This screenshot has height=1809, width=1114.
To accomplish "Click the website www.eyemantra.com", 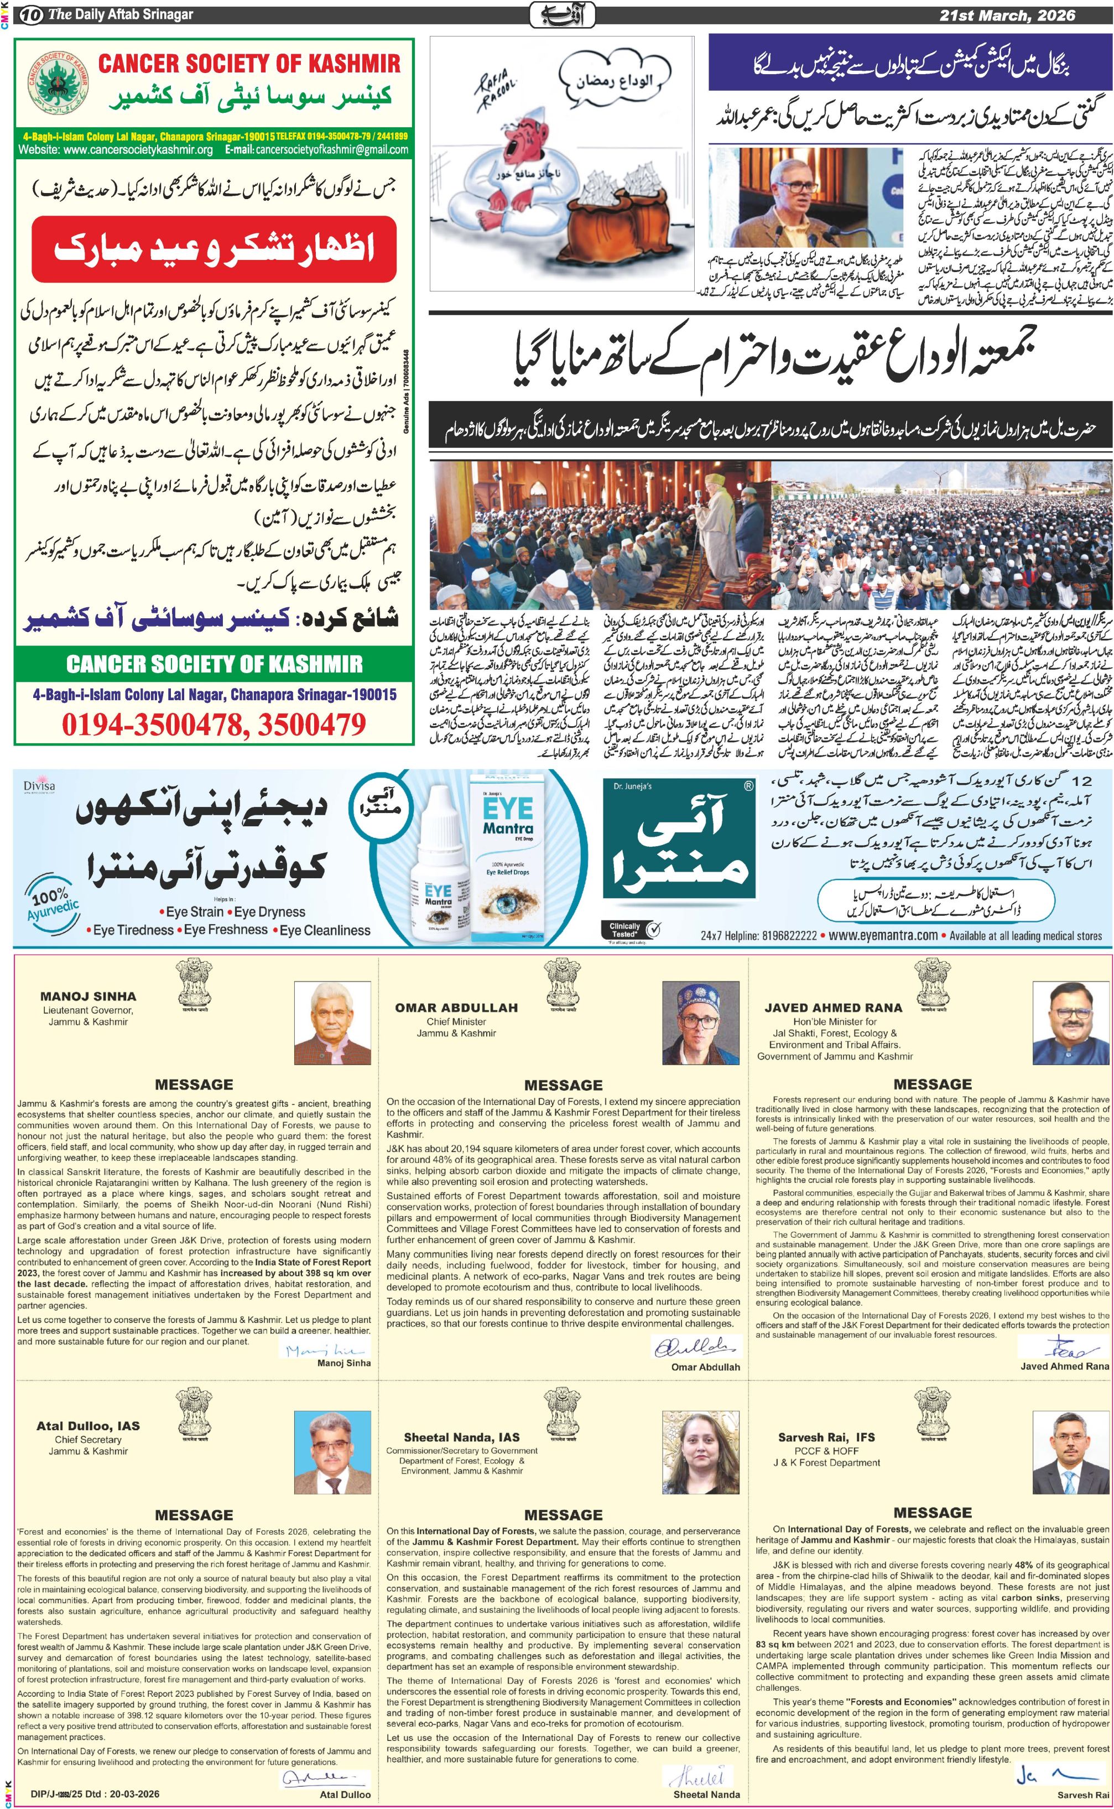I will (x=883, y=935).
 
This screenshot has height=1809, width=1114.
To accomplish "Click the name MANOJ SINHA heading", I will (x=89, y=997).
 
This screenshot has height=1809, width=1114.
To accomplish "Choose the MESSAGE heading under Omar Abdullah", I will (x=564, y=1085).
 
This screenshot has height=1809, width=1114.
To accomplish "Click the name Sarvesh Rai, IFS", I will (x=826, y=1437).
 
